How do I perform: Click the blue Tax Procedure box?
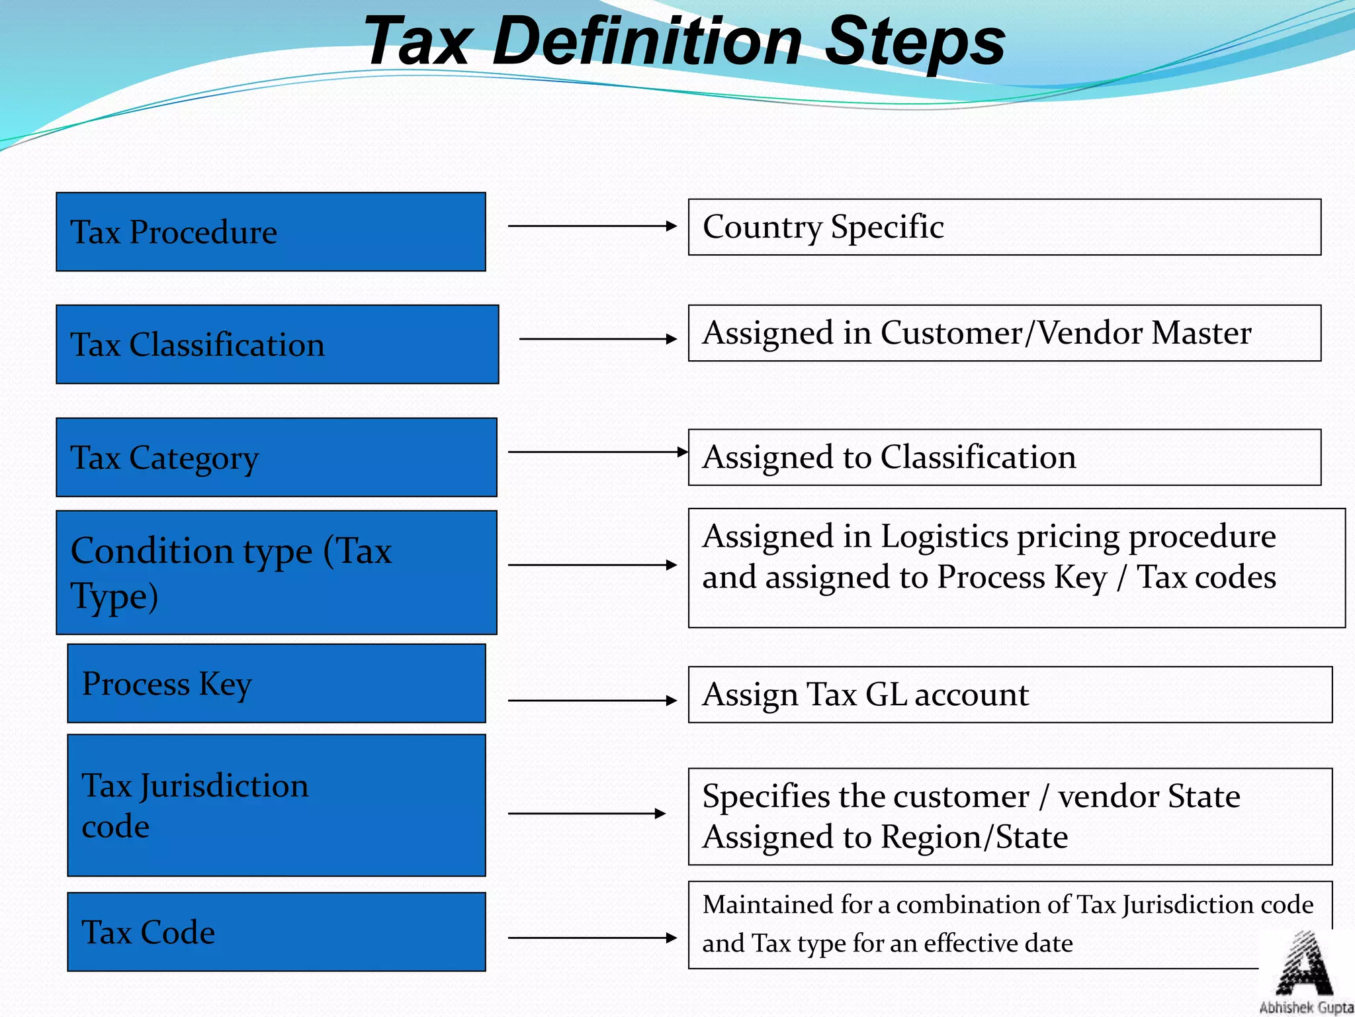point(271,232)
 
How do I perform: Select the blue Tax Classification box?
point(277,344)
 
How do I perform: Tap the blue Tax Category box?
point(277,457)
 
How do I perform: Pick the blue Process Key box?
point(277,683)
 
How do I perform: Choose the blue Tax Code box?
point(277,932)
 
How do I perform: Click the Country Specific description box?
point(1004,227)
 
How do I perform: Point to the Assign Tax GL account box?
point(1010,695)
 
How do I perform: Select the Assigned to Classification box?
point(1004,458)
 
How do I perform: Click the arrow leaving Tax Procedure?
point(592,226)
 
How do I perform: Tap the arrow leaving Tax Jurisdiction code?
point(587,813)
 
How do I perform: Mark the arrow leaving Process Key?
point(592,700)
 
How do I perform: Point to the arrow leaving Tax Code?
point(592,938)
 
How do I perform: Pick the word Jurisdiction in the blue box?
point(224,787)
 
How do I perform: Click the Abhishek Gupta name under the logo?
point(1306,1008)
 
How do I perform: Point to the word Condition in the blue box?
point(191,551)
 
